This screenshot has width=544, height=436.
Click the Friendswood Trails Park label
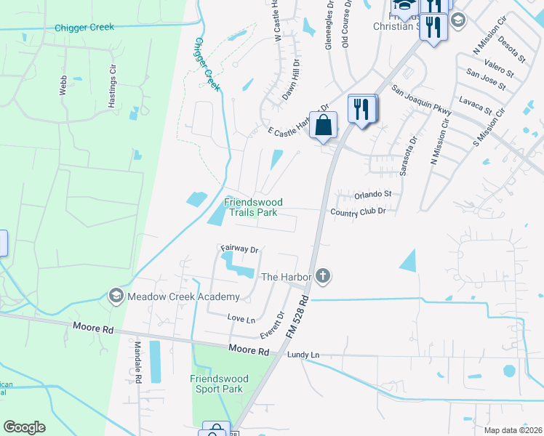252,207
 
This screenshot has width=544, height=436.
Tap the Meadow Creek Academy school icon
116,296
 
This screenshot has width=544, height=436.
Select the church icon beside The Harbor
324,276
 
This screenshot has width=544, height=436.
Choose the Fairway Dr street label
240,249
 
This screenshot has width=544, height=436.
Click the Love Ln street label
241,318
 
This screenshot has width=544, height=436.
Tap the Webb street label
63,86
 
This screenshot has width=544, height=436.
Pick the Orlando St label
372,195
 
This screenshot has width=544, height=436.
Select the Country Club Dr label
357,211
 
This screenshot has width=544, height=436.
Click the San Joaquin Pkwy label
421,100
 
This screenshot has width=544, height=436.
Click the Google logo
25,427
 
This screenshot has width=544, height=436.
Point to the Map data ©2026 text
513,430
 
